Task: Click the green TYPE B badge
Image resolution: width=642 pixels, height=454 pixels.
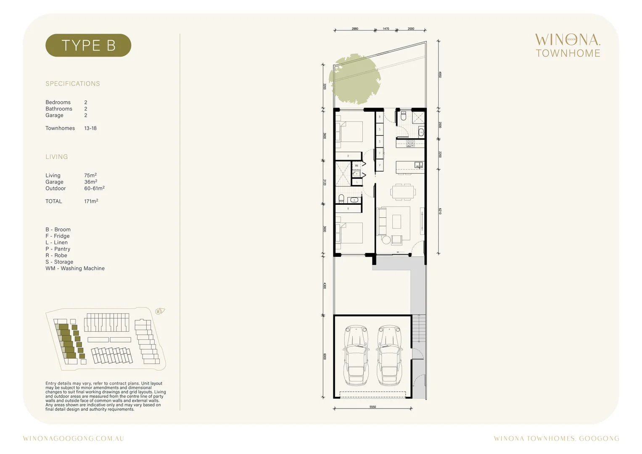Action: point(88,45)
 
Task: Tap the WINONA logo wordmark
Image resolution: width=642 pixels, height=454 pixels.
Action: point(568,40)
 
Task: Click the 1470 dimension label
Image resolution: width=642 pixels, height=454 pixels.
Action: point(386,29)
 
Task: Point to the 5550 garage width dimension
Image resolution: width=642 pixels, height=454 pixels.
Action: point(373,407)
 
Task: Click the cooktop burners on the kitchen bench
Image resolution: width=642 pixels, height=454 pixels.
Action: point(410,143)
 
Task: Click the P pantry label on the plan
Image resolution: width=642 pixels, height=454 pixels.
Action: point(380,166)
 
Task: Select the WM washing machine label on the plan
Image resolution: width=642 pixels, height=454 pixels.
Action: point(357,166)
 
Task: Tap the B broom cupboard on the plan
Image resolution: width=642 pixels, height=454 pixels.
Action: point(380,117)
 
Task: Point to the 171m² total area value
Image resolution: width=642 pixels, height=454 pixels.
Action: point(91,201)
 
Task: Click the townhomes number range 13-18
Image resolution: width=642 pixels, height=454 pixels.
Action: point(90,128)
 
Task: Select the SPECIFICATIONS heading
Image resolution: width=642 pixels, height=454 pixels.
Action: point(73,84)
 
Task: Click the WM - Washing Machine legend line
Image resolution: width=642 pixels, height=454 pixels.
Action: point(75,268)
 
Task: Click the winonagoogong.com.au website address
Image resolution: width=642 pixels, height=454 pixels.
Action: point(74,438)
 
